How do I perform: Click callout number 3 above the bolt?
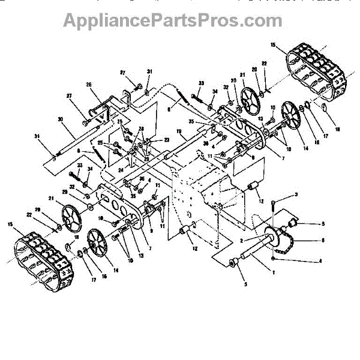pos(296,196)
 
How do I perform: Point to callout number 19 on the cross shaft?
pos(179,131)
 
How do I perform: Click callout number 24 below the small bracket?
pos(121,170)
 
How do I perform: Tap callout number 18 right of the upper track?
pos(336,129)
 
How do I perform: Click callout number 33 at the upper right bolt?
pos(201,82)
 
